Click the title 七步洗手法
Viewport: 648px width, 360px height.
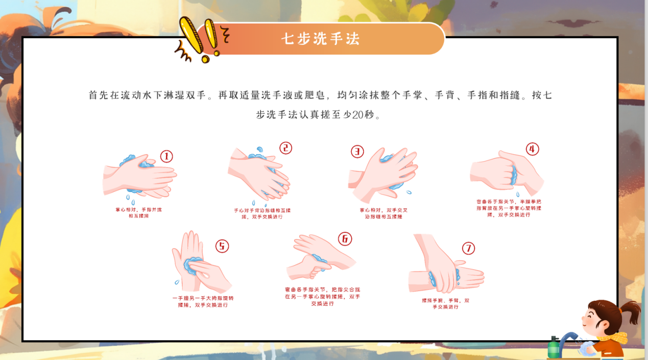pos(320,39)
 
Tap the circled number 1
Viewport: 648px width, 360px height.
pos(166,156)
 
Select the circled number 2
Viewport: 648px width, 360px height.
pos(285,148)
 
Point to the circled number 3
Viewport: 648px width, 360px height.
pos(357,151)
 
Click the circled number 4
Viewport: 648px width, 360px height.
pos(532,149)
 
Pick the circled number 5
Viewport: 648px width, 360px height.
pos(222,246)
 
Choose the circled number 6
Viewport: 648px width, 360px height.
pos(345,238)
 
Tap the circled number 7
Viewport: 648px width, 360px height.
pos(468,248)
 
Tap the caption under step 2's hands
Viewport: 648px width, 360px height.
pos(262,213)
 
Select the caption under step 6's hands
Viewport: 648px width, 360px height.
pos(322,296)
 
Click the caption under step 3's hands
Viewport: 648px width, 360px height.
pos(383,213)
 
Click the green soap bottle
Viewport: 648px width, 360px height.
pos(553,348)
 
